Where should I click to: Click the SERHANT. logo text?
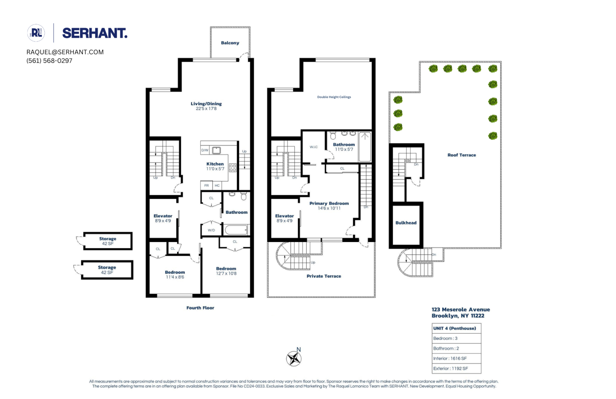click(x=94, y=33)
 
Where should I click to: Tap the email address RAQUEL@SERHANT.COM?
click(x=65, y=52)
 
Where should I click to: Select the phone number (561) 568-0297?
click(x=49, y=61)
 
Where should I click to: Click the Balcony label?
click(x=230, y=43)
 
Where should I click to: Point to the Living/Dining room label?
click(x=206, y=104)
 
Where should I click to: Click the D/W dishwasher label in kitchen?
click(x=205, y=150)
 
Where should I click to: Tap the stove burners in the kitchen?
click(x=233, y=168)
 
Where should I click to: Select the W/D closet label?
click(x=211, y=230)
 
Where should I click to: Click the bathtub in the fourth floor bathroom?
click(x=236, y=230)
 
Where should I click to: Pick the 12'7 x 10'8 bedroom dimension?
click(x=226, y=274)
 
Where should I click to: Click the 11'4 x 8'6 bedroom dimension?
click(x=175, y=277)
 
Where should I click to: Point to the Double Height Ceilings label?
click(x=334, y=97)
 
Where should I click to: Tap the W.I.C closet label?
click(x=313, y=147)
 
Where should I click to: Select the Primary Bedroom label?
click(x=329, y=203)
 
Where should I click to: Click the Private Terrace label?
click(x=324, y=276)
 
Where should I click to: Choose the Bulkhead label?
click(x=406, y=223)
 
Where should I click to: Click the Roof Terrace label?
click(x=462, y=155)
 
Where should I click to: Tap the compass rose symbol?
click(x=294, y=359)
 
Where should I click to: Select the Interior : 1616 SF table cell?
click(x=456, y=358)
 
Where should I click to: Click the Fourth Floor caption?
click(x=200, y=308)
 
